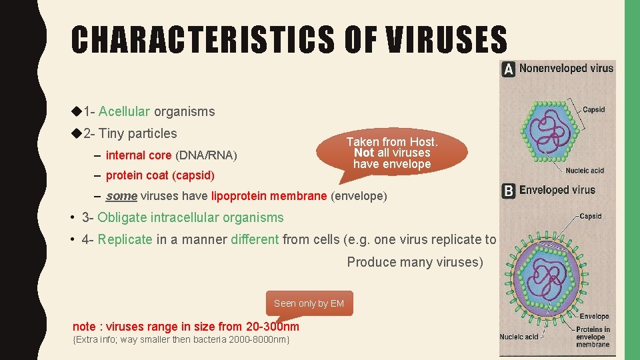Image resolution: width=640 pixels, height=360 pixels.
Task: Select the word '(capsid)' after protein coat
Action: pos(193,175)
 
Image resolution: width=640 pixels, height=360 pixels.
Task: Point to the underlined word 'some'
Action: pos(121,196)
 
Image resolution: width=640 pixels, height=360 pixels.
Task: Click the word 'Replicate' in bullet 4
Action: pos(125,239)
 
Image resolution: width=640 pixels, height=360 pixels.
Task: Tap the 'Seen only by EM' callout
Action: pos(309,303)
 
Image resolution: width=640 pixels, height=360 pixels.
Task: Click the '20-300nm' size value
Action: pos(272,327)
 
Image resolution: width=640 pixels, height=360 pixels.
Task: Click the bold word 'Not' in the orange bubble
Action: pos(363,153)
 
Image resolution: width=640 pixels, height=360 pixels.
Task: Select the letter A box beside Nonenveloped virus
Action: pos(509,69)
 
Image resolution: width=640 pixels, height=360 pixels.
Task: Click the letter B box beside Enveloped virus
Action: pos(509,191)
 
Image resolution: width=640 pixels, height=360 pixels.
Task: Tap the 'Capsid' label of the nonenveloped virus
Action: pos(593,110)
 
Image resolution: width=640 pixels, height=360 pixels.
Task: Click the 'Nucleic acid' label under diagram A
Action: pos(585,171)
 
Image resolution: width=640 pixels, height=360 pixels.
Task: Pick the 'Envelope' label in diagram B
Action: pos(594,317)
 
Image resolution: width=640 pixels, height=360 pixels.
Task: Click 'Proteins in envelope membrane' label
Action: pos(593,337)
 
